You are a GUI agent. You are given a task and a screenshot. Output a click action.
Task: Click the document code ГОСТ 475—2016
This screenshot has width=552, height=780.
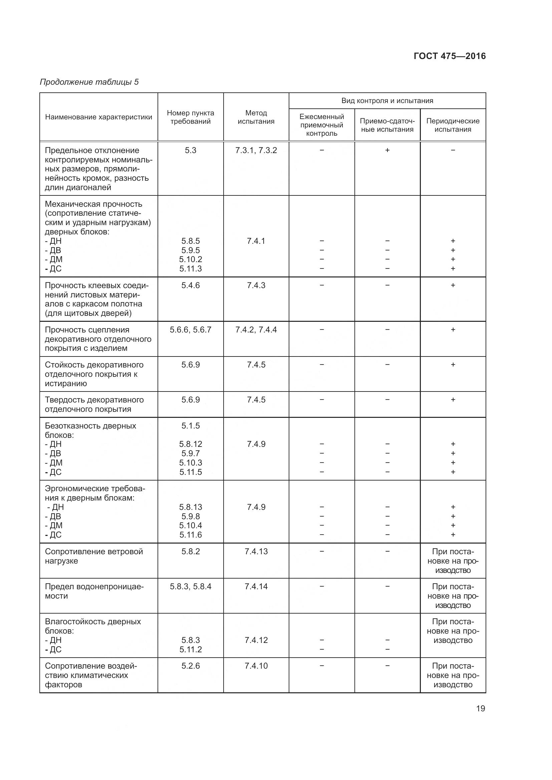[x=449, y=56]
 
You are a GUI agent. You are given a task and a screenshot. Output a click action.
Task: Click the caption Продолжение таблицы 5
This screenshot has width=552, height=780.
[x=89, y=82]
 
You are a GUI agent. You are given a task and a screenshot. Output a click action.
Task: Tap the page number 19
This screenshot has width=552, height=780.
[x=480, y=708]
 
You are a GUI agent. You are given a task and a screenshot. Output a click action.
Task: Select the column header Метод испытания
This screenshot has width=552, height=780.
[x=256, y=117]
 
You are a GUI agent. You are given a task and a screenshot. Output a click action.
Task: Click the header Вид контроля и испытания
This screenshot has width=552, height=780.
[x=387, y=101]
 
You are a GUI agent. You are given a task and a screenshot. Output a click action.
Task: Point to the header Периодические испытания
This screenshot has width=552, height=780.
[x=453, y=125]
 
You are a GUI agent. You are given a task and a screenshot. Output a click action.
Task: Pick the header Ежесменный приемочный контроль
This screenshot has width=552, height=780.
[x=321, y=125]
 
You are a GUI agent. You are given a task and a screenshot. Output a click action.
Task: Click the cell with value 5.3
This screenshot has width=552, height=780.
[x=190, y=150]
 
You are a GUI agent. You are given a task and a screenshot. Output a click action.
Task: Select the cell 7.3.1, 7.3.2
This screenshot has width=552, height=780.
[x=256, y=150]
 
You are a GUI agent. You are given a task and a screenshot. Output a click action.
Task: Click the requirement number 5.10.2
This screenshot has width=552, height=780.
[x=190, y=259]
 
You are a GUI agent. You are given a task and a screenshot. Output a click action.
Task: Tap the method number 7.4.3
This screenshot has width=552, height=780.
[x=256, y=285]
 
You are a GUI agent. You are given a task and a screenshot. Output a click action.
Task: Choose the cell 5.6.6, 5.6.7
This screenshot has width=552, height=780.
[x=190, y=329]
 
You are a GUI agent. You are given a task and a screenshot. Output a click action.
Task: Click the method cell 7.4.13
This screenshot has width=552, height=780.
[x=256, y=551]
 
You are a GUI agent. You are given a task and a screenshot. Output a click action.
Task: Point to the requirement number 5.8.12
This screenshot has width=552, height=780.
[x=190, y=444]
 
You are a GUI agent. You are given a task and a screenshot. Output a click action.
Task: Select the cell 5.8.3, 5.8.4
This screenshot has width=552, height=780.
[x=190, y=586]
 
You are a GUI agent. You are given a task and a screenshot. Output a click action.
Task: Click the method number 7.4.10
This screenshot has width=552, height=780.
[x=256, y=666]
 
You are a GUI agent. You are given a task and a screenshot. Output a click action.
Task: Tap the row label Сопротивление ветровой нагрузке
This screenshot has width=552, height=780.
[x=94, y=556]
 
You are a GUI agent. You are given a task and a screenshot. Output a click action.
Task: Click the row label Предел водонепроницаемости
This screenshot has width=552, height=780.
[x=94, y=591]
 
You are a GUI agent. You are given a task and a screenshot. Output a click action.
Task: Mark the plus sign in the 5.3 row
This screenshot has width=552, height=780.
[x=387, y=150]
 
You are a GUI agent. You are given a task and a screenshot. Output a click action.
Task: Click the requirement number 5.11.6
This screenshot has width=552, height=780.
[x=190, y=535]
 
